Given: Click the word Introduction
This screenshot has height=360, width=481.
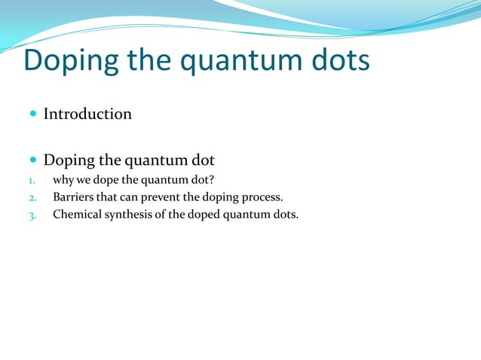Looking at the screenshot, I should pos(87,114).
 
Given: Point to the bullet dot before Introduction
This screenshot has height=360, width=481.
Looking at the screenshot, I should pos(32,114).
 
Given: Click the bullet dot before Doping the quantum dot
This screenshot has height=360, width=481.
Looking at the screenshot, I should pos(32,160).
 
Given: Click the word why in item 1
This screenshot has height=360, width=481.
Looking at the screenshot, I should pos(62,180).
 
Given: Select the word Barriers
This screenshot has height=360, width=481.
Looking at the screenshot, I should pos(73,197).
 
